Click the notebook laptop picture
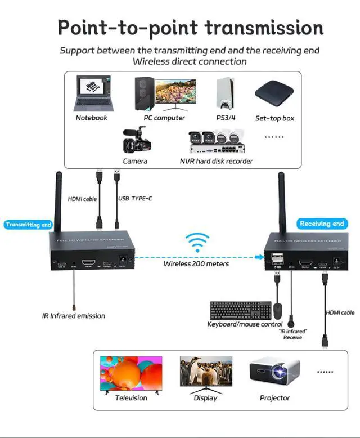91,94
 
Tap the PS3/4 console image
225,93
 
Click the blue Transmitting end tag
28,225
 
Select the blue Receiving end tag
322,224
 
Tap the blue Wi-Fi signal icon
197,243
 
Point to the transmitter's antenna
57,200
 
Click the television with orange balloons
131,373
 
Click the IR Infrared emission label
73,316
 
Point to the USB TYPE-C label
136,199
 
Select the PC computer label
164,118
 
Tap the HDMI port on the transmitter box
89,262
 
